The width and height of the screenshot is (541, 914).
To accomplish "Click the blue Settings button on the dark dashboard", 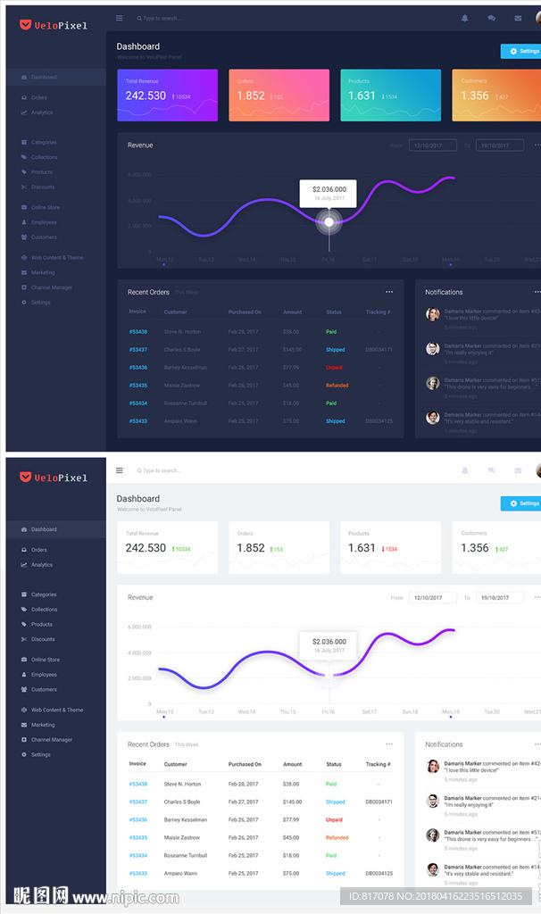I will (x=521, y=52).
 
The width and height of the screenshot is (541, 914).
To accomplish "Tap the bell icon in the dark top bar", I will (x=464, y=18).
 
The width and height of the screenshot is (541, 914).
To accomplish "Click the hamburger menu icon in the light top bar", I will (x=120, y=470).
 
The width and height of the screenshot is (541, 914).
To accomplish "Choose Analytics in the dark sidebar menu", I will (x=42, y=112).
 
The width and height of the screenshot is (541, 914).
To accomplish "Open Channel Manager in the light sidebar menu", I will (x=52, y=740).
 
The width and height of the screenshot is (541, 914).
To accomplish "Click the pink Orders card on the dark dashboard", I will (x=279, y=95).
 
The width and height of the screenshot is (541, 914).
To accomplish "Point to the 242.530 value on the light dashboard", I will (x=146, y=548).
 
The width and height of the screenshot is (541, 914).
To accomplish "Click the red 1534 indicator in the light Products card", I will (x=388, y=549).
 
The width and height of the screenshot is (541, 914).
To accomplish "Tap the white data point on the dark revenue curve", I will (x=329, y=221).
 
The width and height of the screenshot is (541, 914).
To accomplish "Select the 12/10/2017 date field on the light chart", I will (x=432, y=598).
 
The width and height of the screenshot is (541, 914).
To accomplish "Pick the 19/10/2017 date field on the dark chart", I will (x=499, y=145).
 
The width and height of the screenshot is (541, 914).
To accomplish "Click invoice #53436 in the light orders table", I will (x=137, y=819).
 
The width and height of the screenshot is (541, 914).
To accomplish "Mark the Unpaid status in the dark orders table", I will (x=334, y=368).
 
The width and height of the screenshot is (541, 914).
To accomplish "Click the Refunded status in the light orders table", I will (x=337, y=837).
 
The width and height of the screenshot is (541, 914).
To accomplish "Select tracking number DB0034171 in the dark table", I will (x=379, y=350).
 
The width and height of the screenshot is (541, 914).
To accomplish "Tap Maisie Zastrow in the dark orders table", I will (x=181, y=386).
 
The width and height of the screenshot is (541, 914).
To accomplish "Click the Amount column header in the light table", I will (x=292, y=764).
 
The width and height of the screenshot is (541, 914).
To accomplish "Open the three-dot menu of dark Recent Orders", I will (x=389, y=292).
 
